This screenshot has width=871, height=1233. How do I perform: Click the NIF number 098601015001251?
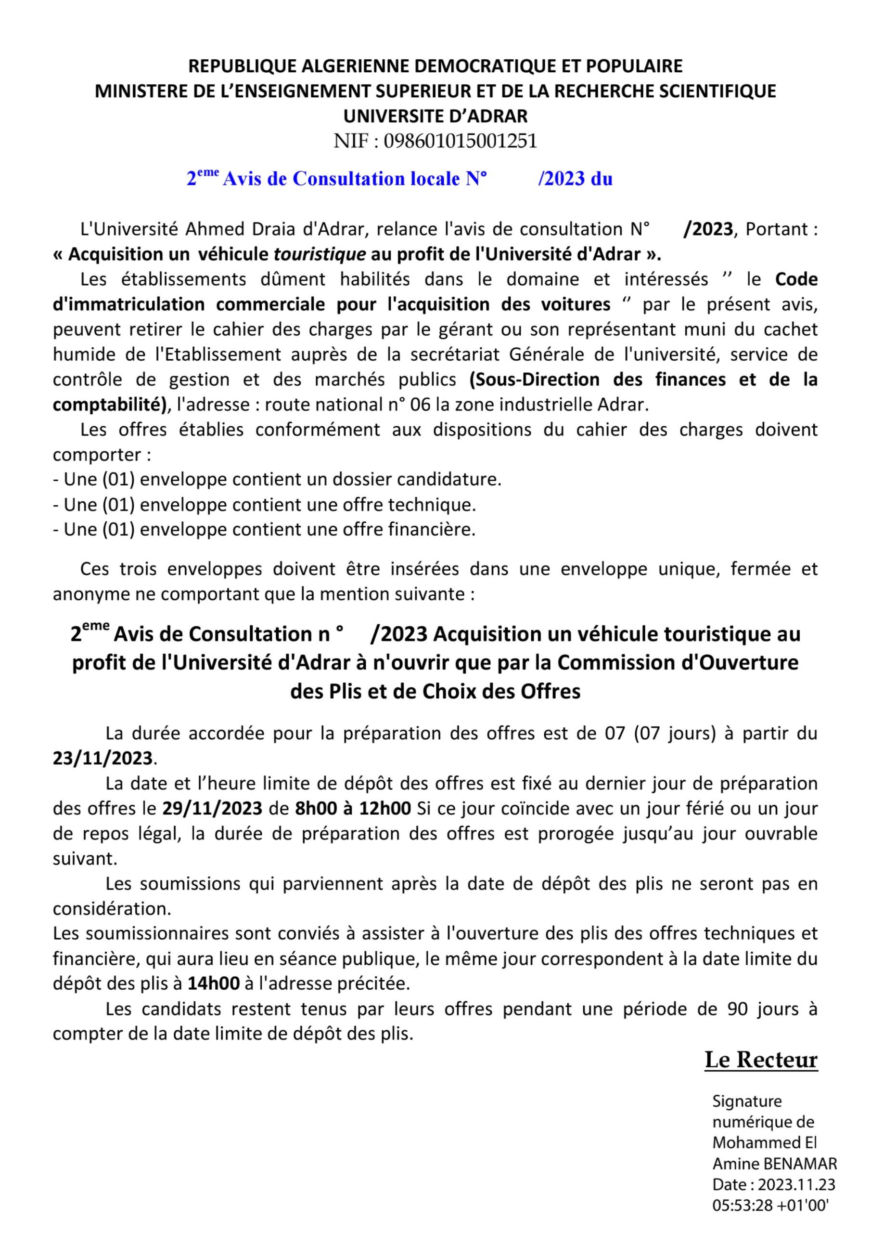(x=460, y=141)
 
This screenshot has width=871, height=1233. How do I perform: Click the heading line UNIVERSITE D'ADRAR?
(x=435, y=116)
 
